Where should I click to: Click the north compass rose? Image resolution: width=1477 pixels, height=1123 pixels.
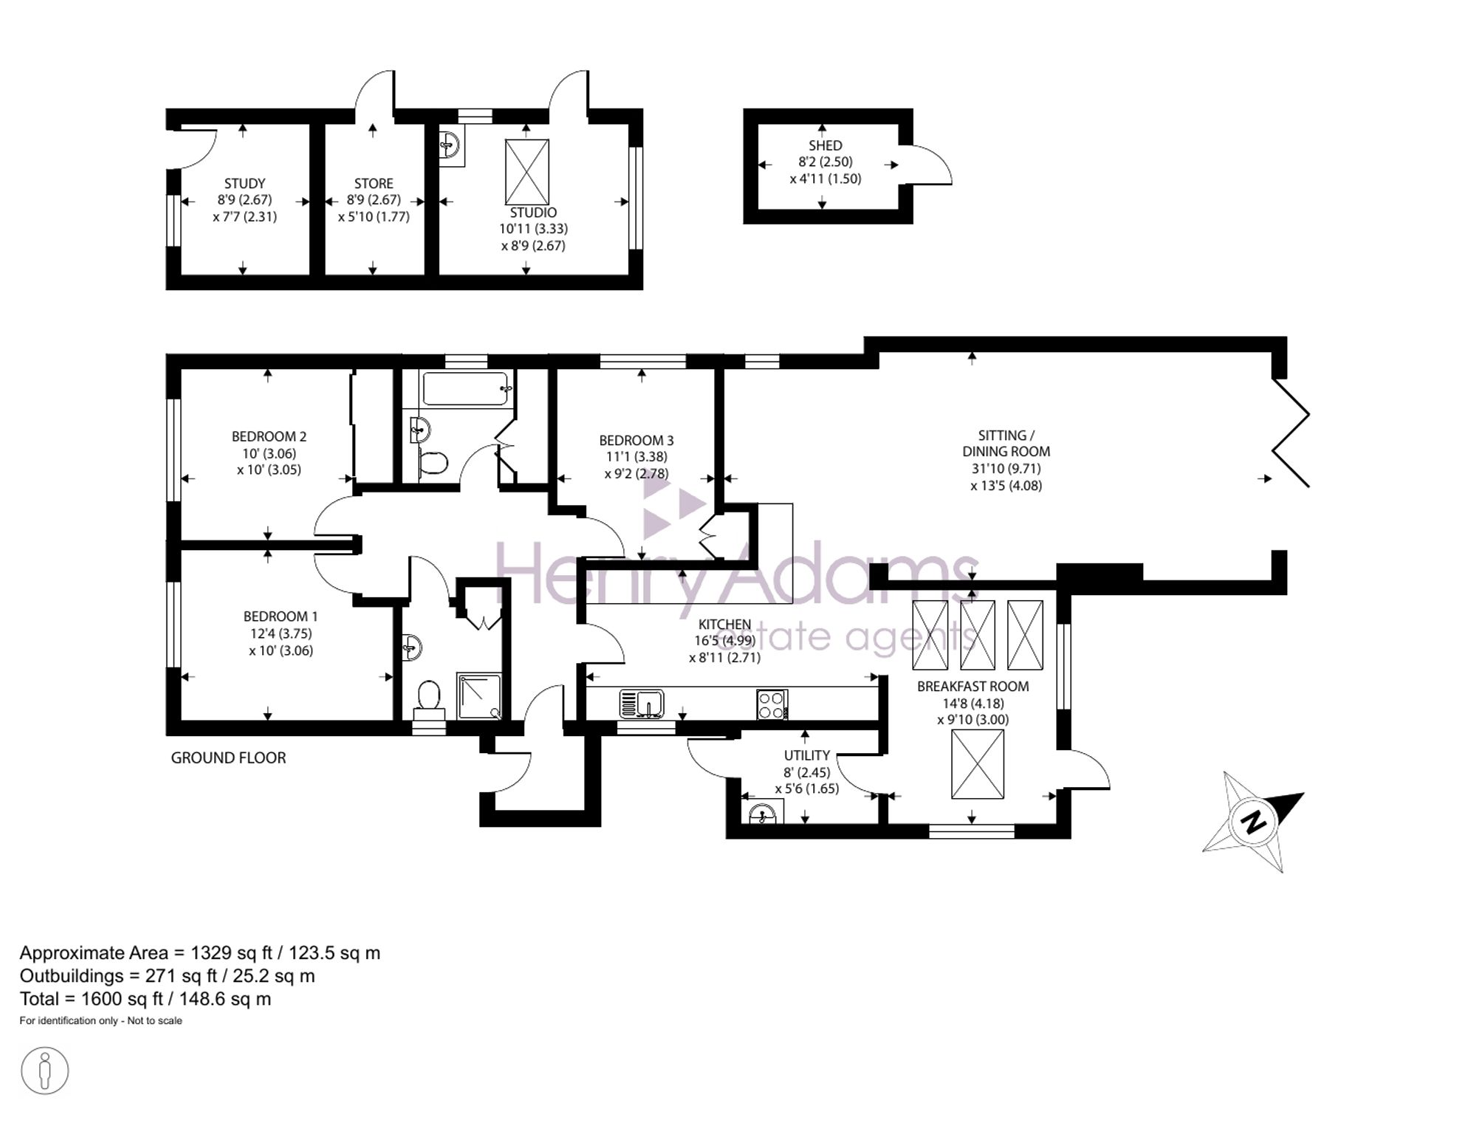(x=1252, y=821)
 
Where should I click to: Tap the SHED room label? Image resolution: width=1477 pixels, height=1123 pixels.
(x=825, y=145)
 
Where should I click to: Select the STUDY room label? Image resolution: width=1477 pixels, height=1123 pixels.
(x=244, y=183)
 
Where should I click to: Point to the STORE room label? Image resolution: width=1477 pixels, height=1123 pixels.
(x=374, y=183)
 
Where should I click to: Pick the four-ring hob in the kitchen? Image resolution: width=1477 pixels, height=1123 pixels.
(x=772, y=704)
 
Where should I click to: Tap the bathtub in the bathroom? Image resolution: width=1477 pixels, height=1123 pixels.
(x=465, y=388)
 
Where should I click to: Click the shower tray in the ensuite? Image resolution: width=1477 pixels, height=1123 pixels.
(x=479, y=696)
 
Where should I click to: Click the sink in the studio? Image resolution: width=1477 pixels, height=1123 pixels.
(x=450, y=145)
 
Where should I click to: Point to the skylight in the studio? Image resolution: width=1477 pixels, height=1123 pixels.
(x=527, y=172)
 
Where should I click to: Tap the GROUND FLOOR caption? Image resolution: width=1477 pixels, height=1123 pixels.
(x=228, y=758)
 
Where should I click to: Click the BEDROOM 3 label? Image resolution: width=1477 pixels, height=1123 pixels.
(x=636, y=441)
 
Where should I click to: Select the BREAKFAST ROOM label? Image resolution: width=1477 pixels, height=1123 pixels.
(x=973, y=686)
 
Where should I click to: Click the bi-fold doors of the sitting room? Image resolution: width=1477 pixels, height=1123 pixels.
(x=1289, y=432)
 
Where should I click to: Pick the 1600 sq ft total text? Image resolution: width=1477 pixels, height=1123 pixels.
(x=145, y=999)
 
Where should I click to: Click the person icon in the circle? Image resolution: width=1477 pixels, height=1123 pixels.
(x=45, y=1071)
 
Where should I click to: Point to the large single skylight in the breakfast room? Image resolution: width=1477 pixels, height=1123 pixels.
(x=978, y=764)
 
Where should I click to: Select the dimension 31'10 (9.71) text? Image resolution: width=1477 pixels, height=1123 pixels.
(x=1006, y=469)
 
